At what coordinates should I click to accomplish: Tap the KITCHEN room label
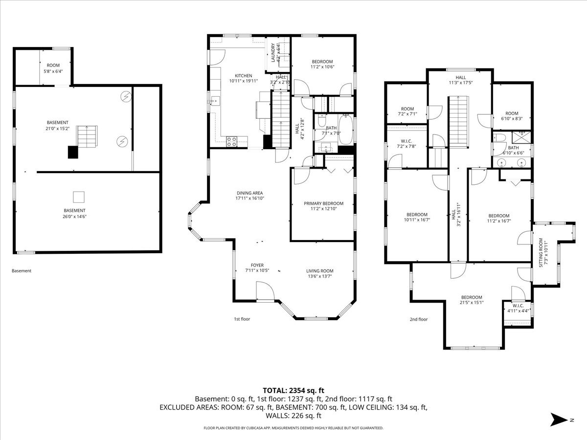click(x=243, y=76)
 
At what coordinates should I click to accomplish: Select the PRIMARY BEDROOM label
click(x=324, y=203)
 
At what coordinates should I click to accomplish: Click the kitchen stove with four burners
click(x=231, y=142)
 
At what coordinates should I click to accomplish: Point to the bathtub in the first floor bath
click(x=346, y=129)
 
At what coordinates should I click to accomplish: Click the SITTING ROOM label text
click(x=541, y=253)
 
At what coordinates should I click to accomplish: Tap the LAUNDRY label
click(x=273, y=53)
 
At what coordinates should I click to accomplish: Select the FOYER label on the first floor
click(x=257, y=265)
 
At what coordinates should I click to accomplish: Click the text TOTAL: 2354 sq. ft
click(x=293, y=391)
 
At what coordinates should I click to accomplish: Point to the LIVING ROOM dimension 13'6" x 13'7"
click(x=320, y=276)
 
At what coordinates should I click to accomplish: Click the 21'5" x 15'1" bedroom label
click(x=472, y=300)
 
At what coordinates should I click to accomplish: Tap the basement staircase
click(x=87, y=137)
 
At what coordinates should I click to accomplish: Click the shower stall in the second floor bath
click(x=521, y=137)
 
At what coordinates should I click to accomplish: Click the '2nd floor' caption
click(x=419, y=319)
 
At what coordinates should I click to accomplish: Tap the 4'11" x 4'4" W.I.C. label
click(x=518, y=308)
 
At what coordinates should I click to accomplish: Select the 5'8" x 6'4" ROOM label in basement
click(x=53, y=68)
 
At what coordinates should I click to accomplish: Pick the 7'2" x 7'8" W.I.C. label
click(x=406, y=143)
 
